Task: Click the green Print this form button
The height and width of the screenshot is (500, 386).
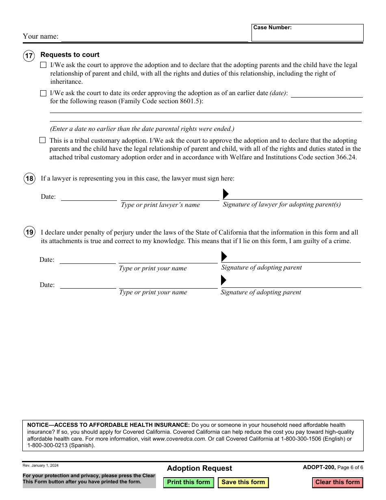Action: [x=189, y=483]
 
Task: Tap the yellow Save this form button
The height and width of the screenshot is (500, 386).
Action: [x=243, y=483]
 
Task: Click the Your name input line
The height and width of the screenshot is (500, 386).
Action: [x=154, y=37]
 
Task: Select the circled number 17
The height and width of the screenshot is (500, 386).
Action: [x=29, y=56]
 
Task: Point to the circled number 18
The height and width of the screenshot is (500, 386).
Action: [x=29, y=178]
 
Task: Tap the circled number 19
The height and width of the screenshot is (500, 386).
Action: [x=29, y=233]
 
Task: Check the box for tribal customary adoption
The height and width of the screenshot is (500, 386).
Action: [x=43, y=140]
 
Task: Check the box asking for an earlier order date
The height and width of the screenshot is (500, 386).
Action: [x=43, y=93]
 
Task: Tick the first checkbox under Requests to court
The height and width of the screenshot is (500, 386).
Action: [x=43, y=65]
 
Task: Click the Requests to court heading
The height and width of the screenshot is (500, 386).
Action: [x=70, y=55]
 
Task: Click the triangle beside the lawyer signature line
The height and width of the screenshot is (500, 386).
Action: [x=226, y=193]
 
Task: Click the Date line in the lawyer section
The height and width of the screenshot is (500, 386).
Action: [x=89, y=197]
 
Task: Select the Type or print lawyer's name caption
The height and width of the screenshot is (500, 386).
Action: [x=160, y=205]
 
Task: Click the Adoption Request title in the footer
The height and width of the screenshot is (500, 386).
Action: [x=200, y=468]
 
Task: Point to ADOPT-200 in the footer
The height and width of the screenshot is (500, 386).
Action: [x=319, y=467]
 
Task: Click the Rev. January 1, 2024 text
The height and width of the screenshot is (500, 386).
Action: [x=41, y=466]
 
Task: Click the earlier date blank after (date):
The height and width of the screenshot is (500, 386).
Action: [x=327, y=93]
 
